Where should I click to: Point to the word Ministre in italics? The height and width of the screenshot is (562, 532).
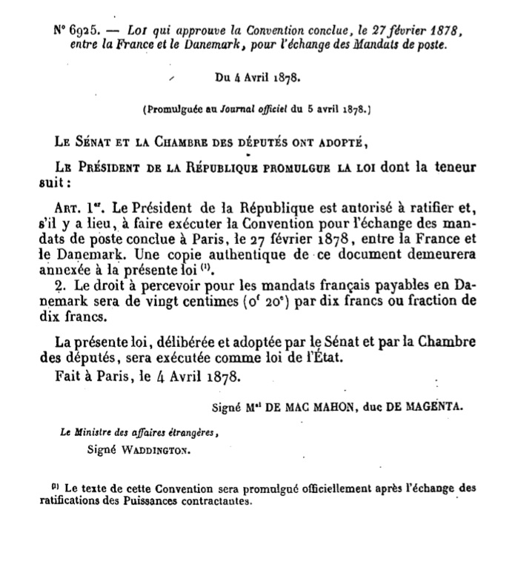pyautogui.click(x=97, y=434)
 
